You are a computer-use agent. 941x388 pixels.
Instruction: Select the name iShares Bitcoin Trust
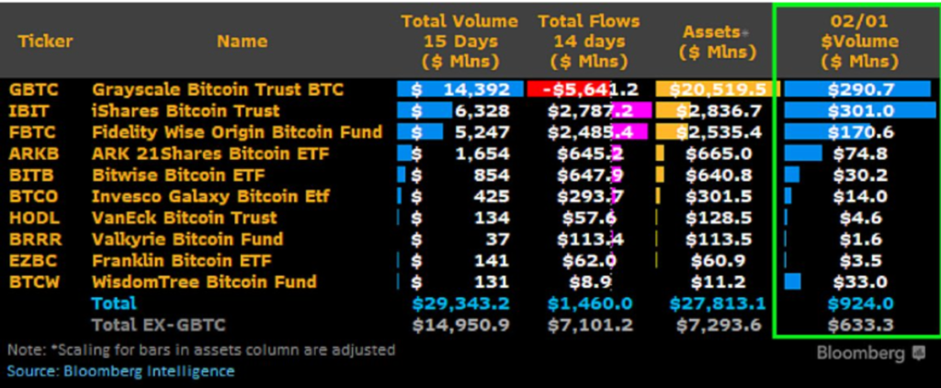(174, 110)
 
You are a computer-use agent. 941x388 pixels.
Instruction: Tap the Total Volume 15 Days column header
(459, 41)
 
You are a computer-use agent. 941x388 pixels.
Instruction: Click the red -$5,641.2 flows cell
(583, 89)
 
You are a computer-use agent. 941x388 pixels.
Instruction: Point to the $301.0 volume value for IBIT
(860, 110)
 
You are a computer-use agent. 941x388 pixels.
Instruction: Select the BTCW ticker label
(34, 281)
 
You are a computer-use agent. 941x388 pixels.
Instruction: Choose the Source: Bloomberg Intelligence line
(120, 371)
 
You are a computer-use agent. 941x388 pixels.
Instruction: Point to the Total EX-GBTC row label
(157, 325)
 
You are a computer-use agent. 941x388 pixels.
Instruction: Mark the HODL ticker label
(33, 218)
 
